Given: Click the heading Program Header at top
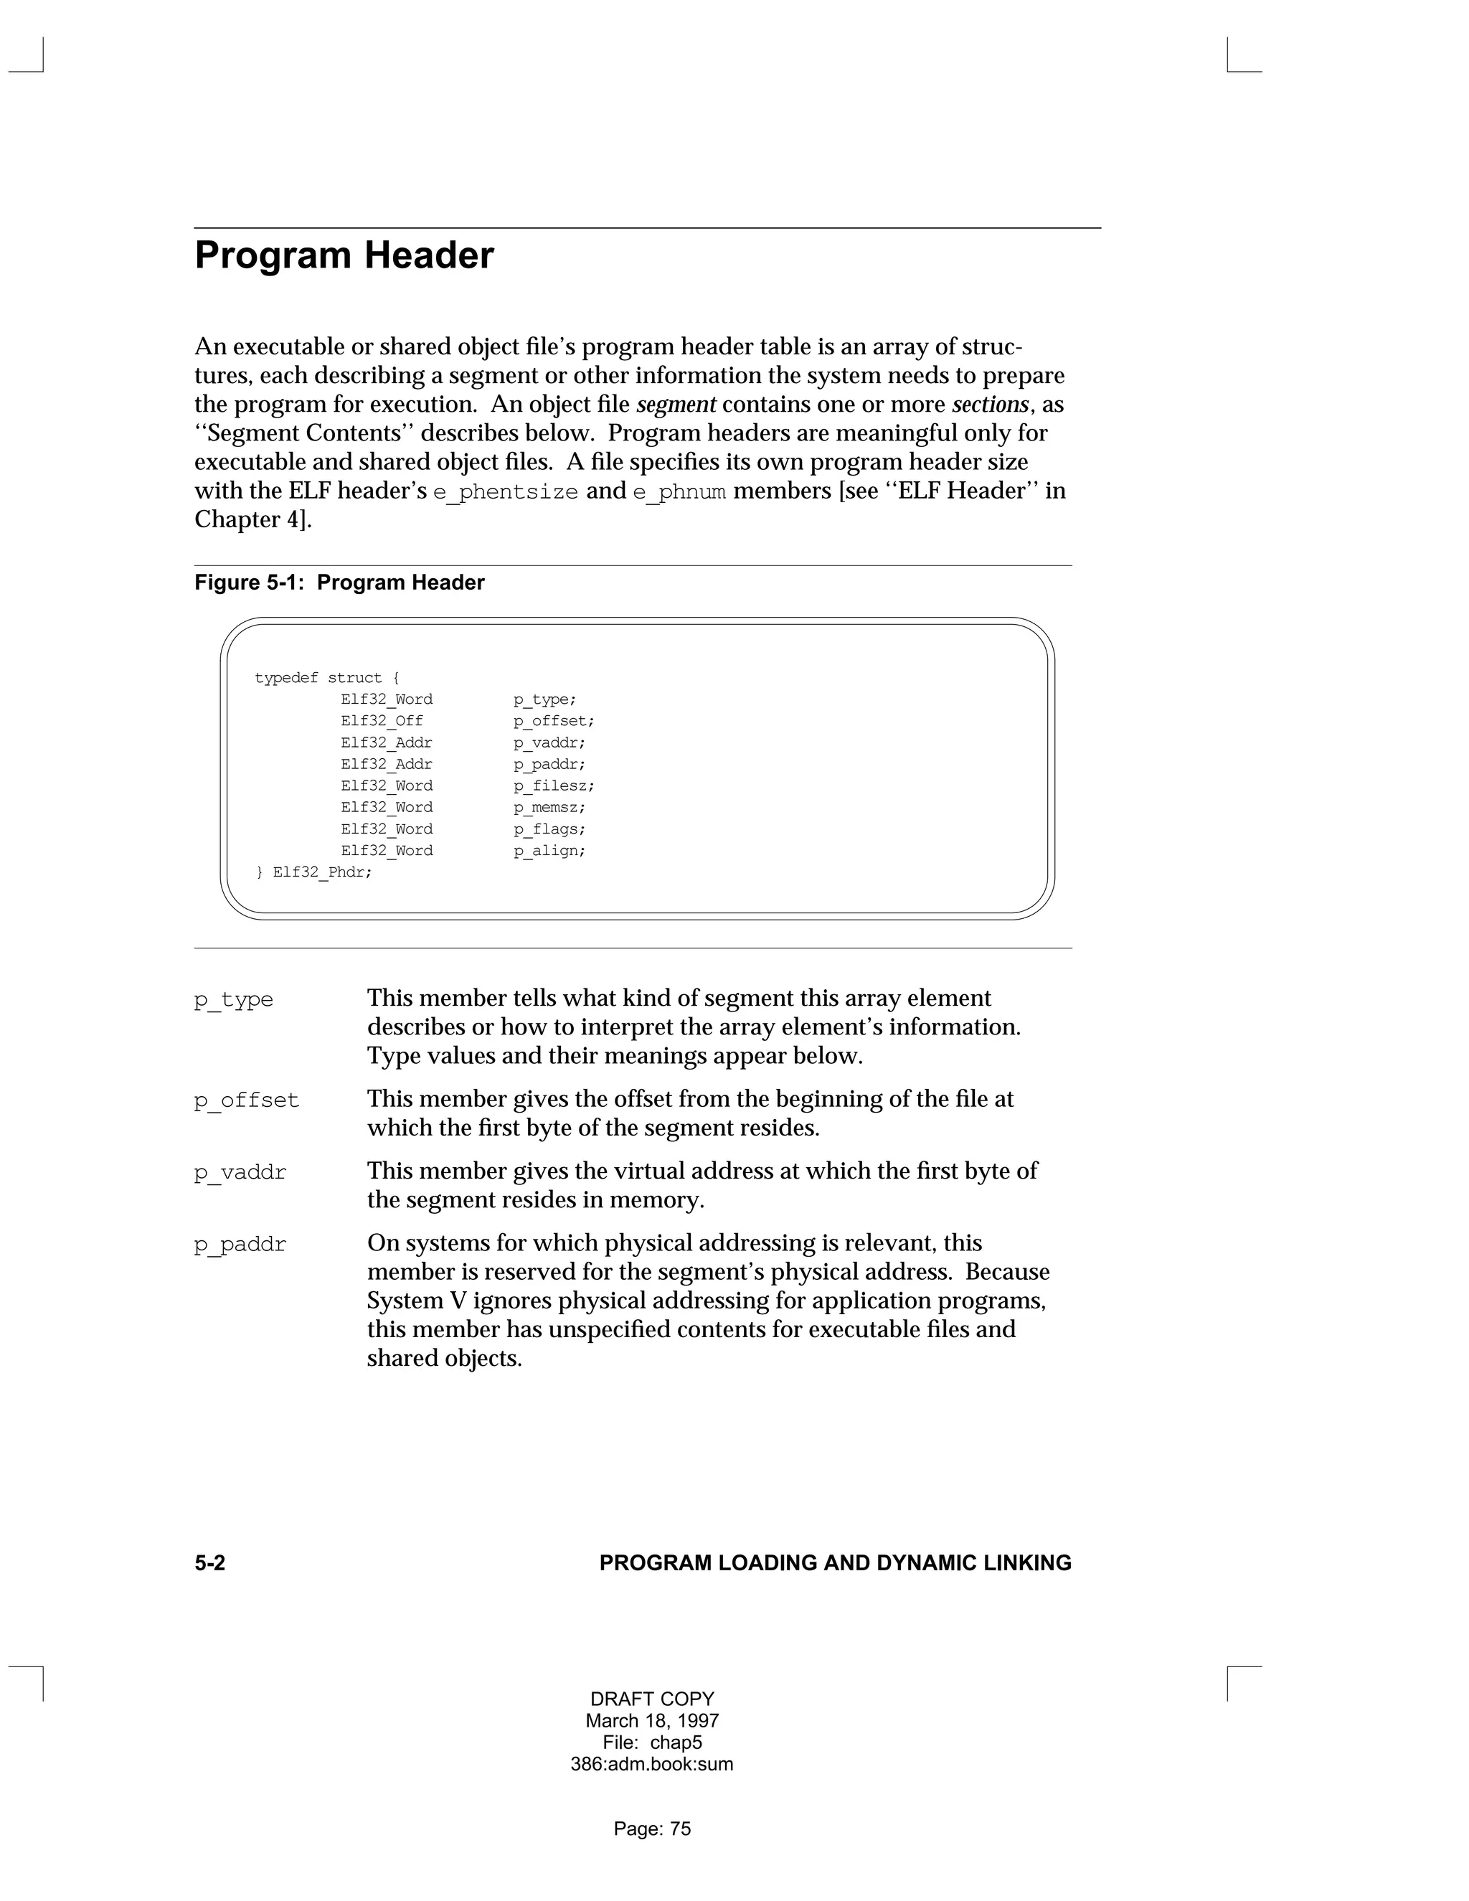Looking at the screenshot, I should click(344, 256).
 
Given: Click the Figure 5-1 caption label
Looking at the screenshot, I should click(339, 582).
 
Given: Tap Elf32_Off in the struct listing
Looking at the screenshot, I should click(382, 721).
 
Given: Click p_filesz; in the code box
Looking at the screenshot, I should click(554, 786).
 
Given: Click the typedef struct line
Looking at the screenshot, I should click(327, 678).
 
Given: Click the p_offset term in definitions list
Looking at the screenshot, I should click(246, 1100).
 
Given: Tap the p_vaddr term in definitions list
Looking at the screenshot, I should click(240, 1172).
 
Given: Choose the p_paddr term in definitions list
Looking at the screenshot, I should click(240, 1245).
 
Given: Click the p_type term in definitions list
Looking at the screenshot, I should click(233, 999).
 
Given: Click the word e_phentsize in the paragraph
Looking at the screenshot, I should click(506, 492).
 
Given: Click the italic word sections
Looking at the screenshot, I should click(991, 405).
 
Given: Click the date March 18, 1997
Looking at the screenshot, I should click(652, 1721).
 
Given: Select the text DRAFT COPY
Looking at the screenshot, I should click(652, 1699).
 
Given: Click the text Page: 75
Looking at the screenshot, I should click(652, 1829).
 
